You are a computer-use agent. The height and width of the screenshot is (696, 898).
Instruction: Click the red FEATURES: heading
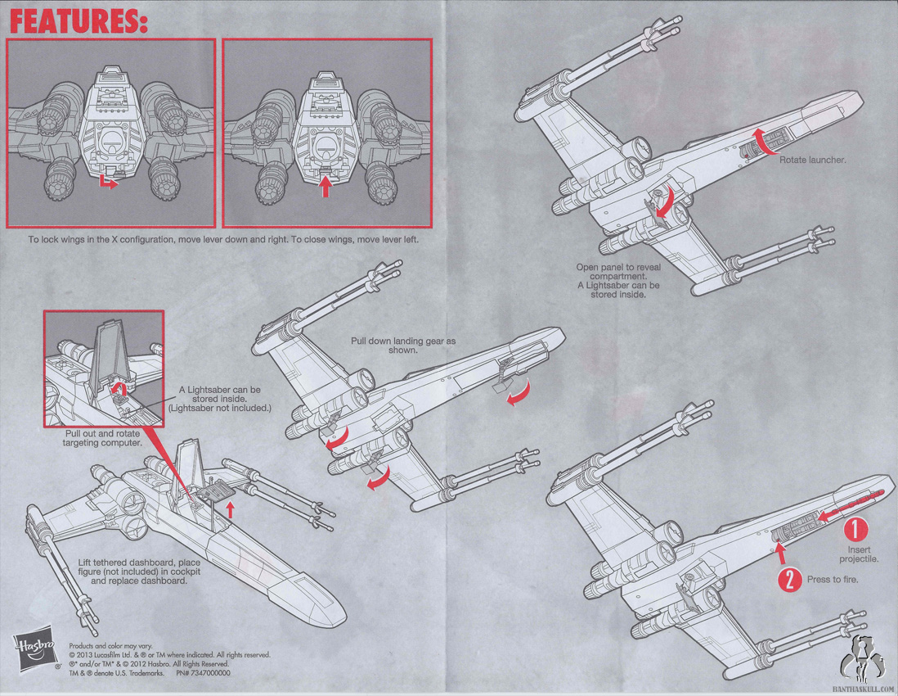pos(79,21)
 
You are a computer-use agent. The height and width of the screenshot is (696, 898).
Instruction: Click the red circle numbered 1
pos(855,529)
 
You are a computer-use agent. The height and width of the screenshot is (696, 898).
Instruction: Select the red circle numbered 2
pos(789,580)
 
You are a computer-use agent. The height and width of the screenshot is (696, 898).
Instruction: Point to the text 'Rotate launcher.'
pos(812,160)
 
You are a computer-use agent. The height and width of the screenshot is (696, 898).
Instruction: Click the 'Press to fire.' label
pos(833,580)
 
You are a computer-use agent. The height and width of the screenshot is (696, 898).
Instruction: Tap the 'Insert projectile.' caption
pos(859,554)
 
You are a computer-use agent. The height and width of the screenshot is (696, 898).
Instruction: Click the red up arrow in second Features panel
pos(326,186)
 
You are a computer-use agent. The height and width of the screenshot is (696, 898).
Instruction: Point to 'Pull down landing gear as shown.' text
pos(403,345)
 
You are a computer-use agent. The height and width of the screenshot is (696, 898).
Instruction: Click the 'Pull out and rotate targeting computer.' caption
pos(102,438)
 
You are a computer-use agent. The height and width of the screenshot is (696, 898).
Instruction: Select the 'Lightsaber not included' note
pos(219,409)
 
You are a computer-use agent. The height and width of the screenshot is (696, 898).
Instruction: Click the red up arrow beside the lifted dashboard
pos(231,509)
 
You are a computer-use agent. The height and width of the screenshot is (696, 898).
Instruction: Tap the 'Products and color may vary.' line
pos(110,645)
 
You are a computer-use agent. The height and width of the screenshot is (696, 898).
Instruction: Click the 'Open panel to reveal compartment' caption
pos(618,272)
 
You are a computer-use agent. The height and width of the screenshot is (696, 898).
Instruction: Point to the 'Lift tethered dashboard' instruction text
pos(139,572)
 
